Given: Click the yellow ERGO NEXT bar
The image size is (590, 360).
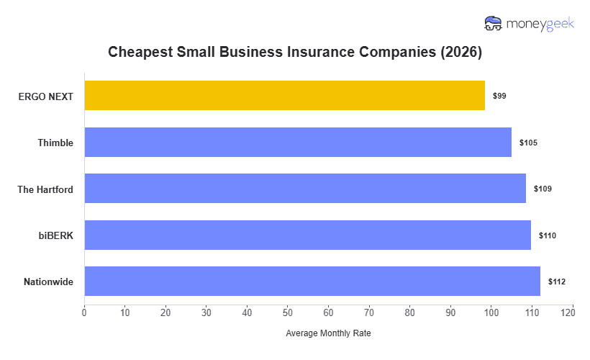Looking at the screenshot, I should [x=284, y=96].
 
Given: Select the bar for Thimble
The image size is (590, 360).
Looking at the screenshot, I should [x=298, y=143].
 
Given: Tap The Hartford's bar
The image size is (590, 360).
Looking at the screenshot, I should [x=305, y=189].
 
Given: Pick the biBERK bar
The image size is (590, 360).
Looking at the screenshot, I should [x=307, y=235].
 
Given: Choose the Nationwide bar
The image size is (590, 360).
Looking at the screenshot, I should [x=312, y=282].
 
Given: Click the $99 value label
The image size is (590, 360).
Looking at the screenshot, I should [x=499, y=96].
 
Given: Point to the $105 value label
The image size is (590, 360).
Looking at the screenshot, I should [x=528, y=143].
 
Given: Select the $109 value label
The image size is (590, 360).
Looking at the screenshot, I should [x=543, y=189].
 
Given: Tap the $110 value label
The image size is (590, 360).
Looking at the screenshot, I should [x=547, y=235].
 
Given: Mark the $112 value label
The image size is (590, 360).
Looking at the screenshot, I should [x=556, y=282].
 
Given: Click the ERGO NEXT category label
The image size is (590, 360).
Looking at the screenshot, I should [x=46, y=96].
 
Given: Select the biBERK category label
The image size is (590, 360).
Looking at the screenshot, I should [x=55, y=235].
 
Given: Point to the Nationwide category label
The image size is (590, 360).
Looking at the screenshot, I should [x=48, y=282].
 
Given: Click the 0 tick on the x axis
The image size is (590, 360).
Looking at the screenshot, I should [x=84, y=312].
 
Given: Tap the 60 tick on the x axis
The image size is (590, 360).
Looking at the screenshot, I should [x=328, y=312].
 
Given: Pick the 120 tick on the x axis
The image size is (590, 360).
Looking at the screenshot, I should [x=572, y=312].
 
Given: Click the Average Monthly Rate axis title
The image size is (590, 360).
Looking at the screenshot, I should [x=328, y=333].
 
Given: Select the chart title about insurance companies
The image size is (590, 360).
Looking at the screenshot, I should [x=295, y=53].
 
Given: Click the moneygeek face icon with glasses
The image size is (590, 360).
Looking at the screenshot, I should [x=493, y=24].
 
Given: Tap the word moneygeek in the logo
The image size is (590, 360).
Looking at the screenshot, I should [x=540, y=24].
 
